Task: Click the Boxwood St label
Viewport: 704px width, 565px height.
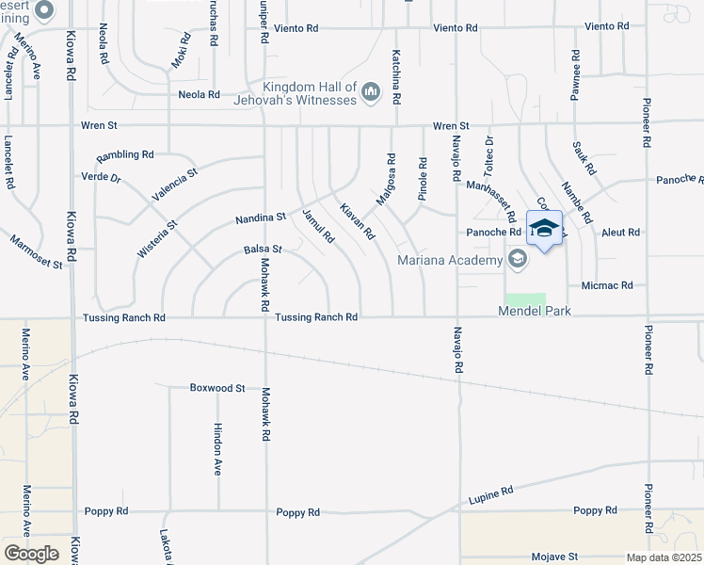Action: [x=216, y=387]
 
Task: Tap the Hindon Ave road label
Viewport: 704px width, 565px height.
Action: [x=217, y=447]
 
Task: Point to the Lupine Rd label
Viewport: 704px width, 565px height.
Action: [x=492, y=492]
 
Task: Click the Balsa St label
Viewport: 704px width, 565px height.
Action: [x=263, y=250]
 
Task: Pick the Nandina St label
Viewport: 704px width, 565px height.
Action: [x=260, y=218]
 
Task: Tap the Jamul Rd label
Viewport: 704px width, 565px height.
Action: [x=318, y=226]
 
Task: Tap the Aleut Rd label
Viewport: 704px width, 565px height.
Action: [x=620, y=232]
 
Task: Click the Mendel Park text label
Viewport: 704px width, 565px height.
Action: [x=535, y=311]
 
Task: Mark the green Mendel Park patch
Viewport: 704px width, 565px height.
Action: [x=530, y=299]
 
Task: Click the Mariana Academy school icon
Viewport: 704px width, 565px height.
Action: [x=517, y=258]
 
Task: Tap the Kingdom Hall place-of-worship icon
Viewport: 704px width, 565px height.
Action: [x=370, y=90]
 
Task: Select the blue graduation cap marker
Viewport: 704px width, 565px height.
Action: [x=545, y=228]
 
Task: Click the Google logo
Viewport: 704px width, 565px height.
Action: [x=31, y=554]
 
